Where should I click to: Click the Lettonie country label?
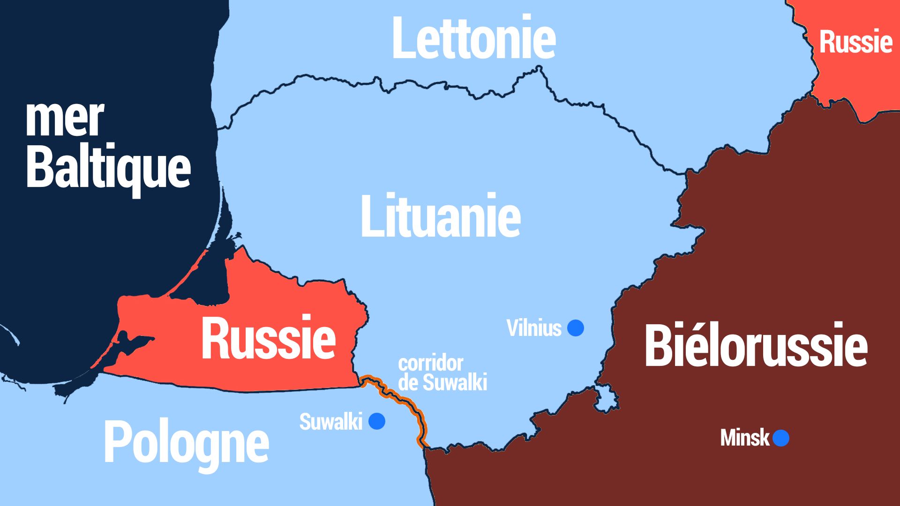(473, 38)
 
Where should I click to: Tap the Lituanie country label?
(441, 216)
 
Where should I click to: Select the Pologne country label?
(186, 443)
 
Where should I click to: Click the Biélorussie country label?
(756, 346)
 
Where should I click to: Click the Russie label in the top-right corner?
(855, 42)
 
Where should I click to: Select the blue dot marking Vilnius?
(575, 328)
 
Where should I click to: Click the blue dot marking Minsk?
(781, 439)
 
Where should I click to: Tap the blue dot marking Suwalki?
(377, 421)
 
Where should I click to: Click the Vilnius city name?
(533, 328)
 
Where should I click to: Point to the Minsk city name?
(744, 439)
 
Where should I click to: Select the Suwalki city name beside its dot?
(330, 422)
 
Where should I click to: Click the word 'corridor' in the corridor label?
(430, 364)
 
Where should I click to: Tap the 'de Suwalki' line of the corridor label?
(442, 382)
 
